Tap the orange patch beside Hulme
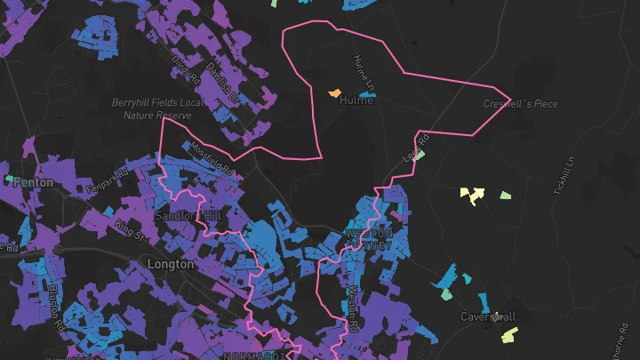(335, 92)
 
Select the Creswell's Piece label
(520, 104)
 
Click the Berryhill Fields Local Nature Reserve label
(151, 108)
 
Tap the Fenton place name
(33, 182)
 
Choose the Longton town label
(170, 264)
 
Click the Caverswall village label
(488, 316)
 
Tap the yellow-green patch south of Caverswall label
(508, 335)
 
